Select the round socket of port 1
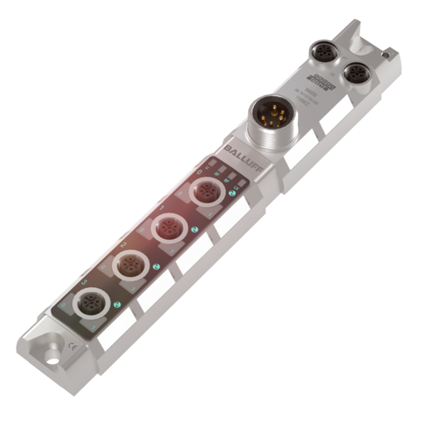tap(169, 227)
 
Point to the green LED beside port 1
tap(194, 230)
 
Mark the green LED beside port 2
tap(155, 266)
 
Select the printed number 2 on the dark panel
tap(122, 246)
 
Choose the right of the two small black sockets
tap(357, 73)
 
